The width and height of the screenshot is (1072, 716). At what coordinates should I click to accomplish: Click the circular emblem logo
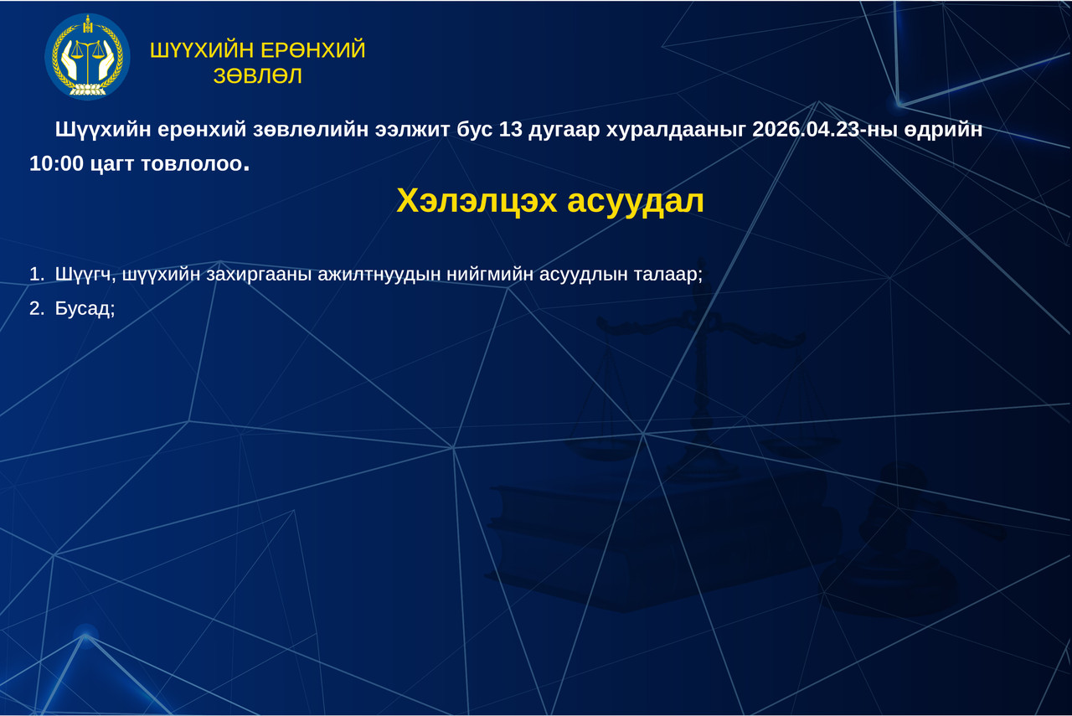[x=87, y=56]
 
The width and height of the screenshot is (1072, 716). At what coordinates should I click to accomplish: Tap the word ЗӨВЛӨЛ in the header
[x=258, y=76]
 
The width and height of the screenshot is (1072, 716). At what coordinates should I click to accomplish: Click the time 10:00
[x=56, y=164]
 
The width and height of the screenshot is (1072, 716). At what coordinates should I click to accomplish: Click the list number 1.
[x=35, y=274]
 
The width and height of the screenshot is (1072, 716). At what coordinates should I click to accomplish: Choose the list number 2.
[x=35, y=308]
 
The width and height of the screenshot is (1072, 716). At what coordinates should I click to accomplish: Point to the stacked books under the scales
[x=662, y=536]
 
